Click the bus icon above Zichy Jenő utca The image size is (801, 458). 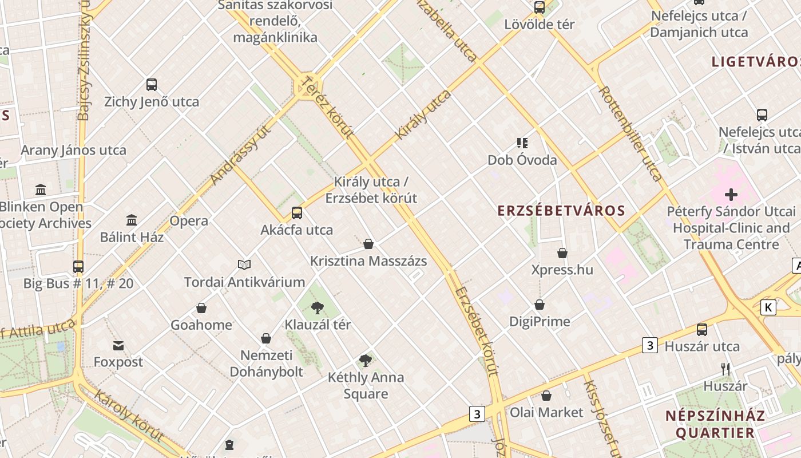click(x=152, y=85)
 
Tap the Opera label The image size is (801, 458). click(x=189, y=221)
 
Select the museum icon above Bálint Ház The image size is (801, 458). click(x=132, y=220)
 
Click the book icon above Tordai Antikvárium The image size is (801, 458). click(x=244, y=264)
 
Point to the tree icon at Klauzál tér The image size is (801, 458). click(x=318, y=308)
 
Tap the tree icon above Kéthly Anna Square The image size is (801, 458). click(x=366, y=361)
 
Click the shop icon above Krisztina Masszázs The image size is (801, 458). click(x=368, y=244)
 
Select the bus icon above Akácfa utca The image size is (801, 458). click(x=296, y=213)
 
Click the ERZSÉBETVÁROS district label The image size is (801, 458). click(x=561, y=211)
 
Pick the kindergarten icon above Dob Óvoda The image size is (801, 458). click(x=522, y=143)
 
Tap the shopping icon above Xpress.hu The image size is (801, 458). click(x=562, y=253)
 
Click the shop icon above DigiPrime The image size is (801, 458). click(x=540, y=305)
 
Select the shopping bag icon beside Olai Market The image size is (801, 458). click(x=546, y=396)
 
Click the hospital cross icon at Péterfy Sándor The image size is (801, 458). click(x=731, y=195)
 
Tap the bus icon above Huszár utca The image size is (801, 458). click(x=702, y=330)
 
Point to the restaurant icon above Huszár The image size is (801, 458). click(x=725, y=369)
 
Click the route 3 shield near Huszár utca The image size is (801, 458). click(x=649, y=345)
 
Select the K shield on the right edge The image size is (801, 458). click(x=768, y=307)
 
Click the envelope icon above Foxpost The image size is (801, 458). click(x=118, y=346)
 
